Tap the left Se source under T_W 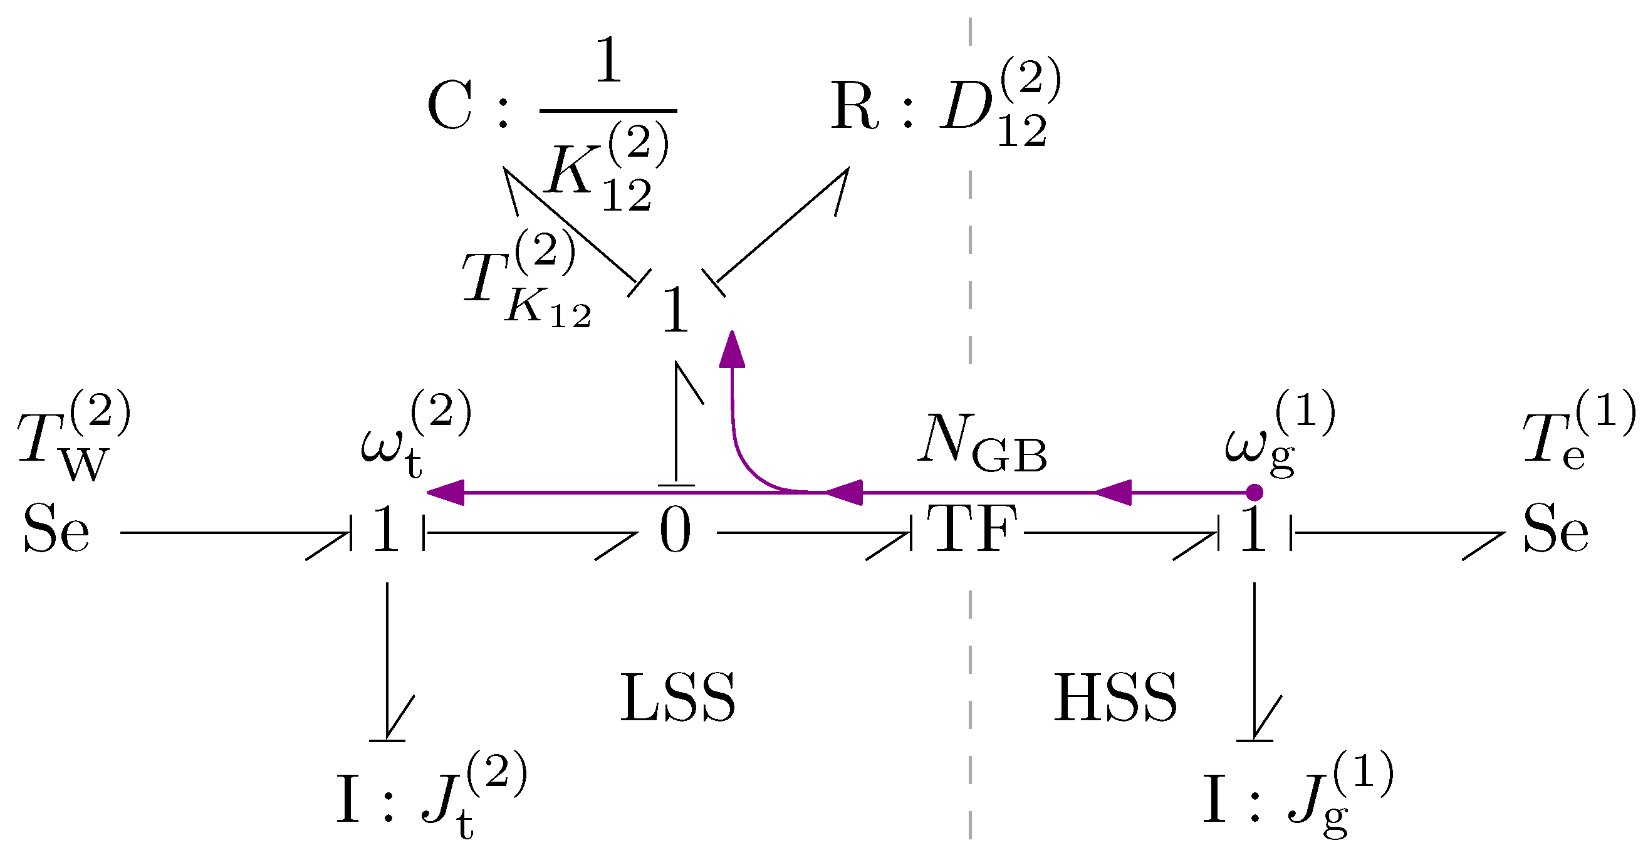56,529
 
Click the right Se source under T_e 1556,529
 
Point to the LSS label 678,698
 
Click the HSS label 1115,698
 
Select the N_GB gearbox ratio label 983,443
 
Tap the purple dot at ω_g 1254,493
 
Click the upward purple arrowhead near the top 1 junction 731,349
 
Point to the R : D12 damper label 946,102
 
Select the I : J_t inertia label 432,795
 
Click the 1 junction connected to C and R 675,310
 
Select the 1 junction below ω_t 387,529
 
